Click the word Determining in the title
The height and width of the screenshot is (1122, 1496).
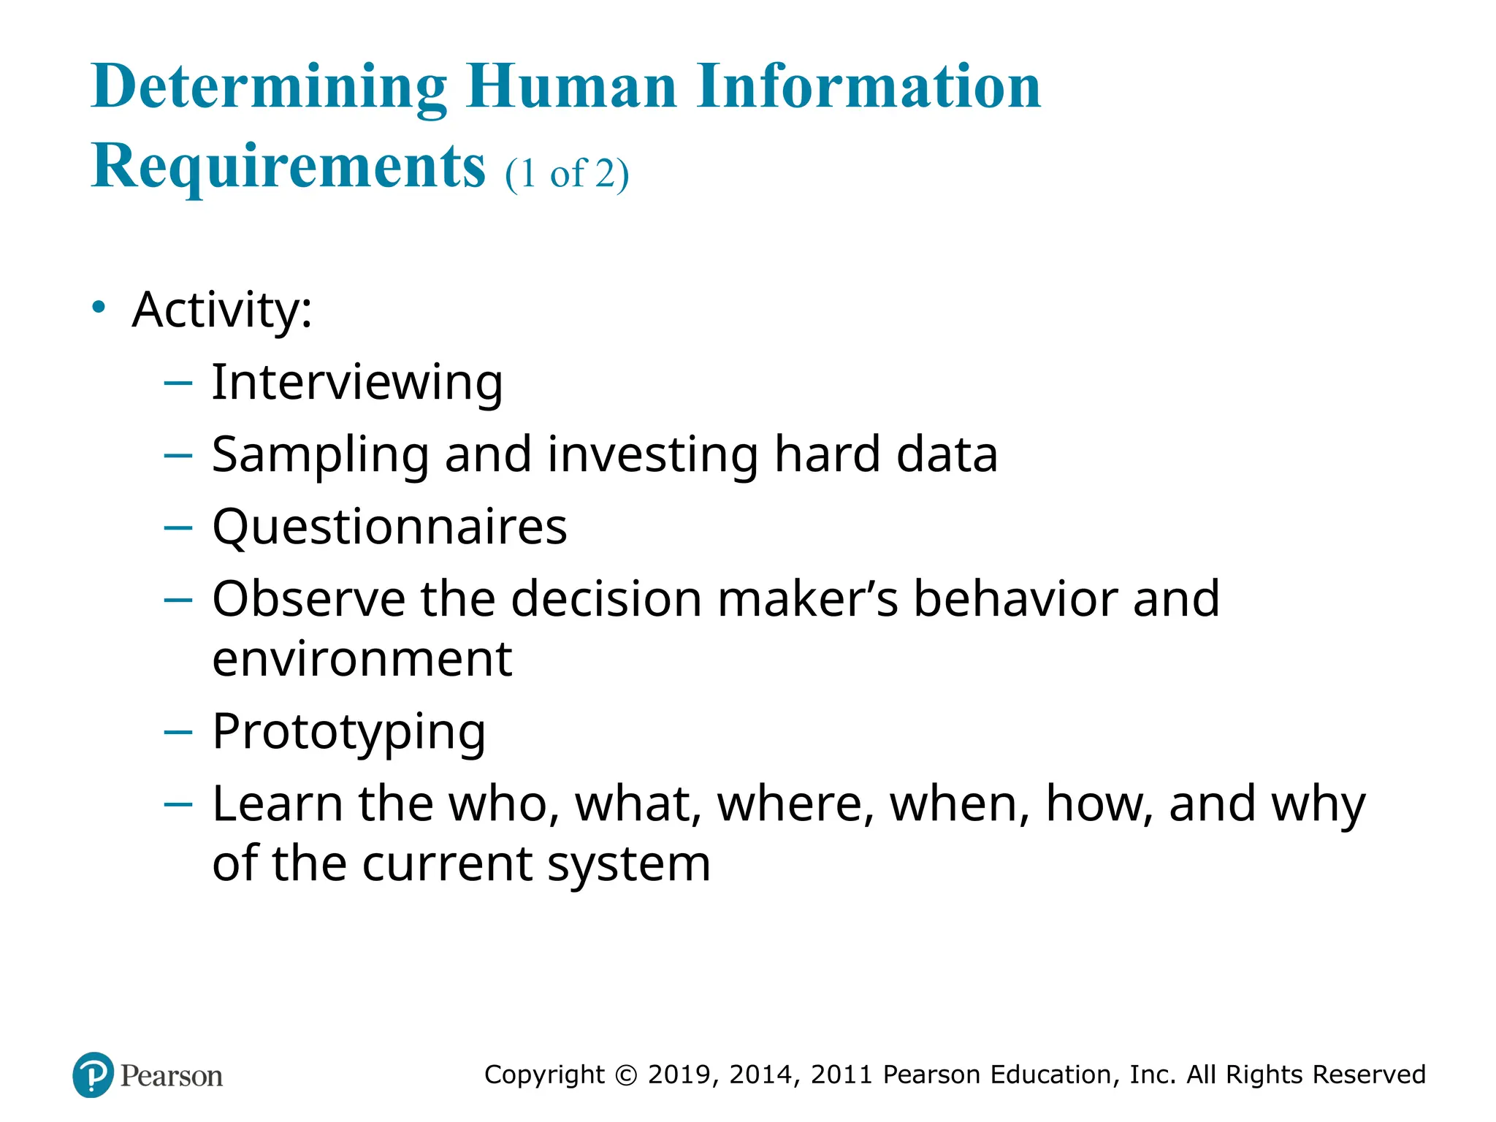point(269,88)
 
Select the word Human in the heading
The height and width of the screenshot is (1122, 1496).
point(572,88)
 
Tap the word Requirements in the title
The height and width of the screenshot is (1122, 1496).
point(288,167)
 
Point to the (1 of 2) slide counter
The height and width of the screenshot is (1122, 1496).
point(566,175)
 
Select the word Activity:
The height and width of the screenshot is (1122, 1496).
point(222,310)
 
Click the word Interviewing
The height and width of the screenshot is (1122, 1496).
point(356,382)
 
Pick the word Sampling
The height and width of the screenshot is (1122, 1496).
point(320,455)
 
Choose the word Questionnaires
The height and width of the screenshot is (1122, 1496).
point(389,527)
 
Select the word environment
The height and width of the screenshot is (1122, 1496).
point(362,659)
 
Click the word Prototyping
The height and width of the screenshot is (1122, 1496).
point(348,732)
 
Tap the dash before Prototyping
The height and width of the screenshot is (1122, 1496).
point(178,732)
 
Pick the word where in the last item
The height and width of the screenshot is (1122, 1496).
point(795,804)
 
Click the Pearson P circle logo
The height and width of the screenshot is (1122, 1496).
point(93,1075)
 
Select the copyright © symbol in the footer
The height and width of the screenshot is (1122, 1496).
point(626,1075)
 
